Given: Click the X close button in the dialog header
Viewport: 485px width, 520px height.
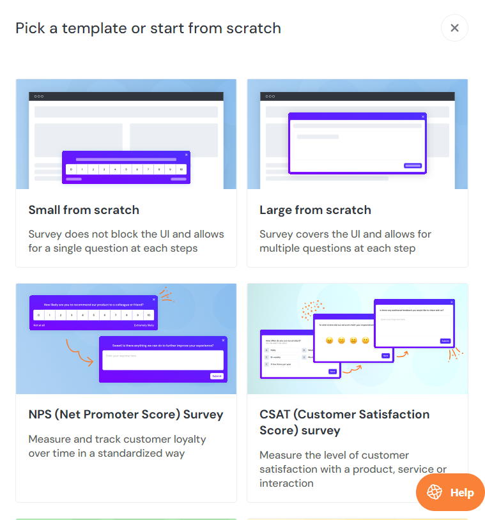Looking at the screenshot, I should [x=454, y=28].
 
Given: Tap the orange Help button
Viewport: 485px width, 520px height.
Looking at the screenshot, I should [x=450, y=493].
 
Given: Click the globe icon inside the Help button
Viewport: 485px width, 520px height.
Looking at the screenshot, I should [x=435, y=493].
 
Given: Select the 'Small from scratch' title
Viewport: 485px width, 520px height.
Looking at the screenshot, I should [x=84, y=210].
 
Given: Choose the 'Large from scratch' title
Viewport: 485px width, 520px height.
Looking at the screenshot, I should [x=315, y=210].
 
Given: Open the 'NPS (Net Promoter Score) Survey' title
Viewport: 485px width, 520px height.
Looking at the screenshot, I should [x=126, y=415].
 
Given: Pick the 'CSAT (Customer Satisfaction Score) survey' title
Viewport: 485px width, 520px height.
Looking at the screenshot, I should [x=344, y=422].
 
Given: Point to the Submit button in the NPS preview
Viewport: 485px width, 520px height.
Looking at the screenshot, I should [x=217, y=376].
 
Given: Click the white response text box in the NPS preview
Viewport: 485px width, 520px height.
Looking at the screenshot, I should [x=163, y=359].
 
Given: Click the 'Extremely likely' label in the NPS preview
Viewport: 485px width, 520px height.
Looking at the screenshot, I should [x=144, y=325].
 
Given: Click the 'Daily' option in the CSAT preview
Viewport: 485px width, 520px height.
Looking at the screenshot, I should [x=273, y=350].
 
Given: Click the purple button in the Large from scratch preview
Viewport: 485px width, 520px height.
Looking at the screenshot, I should [x=413, y=165].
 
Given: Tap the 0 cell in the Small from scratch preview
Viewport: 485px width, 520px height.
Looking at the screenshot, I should [x=71, y=169].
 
